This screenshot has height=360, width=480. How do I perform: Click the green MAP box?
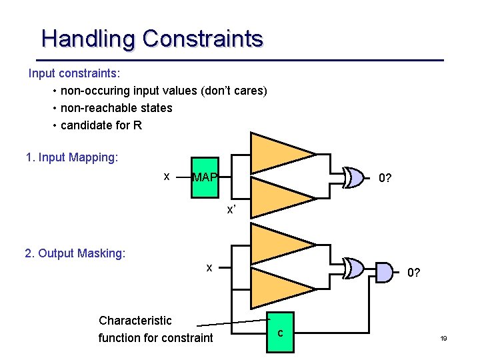tap(205, 178)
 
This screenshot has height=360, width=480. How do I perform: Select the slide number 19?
tap(443, 339)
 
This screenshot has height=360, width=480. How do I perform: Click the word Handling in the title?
tap(88, 39)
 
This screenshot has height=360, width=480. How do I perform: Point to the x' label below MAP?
tap(231, 209)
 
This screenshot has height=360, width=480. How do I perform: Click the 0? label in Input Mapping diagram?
tap(385, 178)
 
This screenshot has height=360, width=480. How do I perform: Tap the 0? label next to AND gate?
tap(413, 272)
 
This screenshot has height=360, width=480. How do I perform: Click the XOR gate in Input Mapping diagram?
tap(355, 177)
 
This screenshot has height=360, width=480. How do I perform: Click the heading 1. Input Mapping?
tap(71, 158)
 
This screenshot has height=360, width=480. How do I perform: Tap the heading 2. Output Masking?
tap(75, 253)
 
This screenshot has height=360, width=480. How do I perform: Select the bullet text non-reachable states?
tap(116, 108)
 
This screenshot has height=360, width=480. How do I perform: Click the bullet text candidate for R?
tap(101, 125)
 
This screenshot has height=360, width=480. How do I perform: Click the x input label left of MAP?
tap(167, 176)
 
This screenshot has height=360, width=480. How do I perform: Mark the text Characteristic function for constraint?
tap(155, 329)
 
